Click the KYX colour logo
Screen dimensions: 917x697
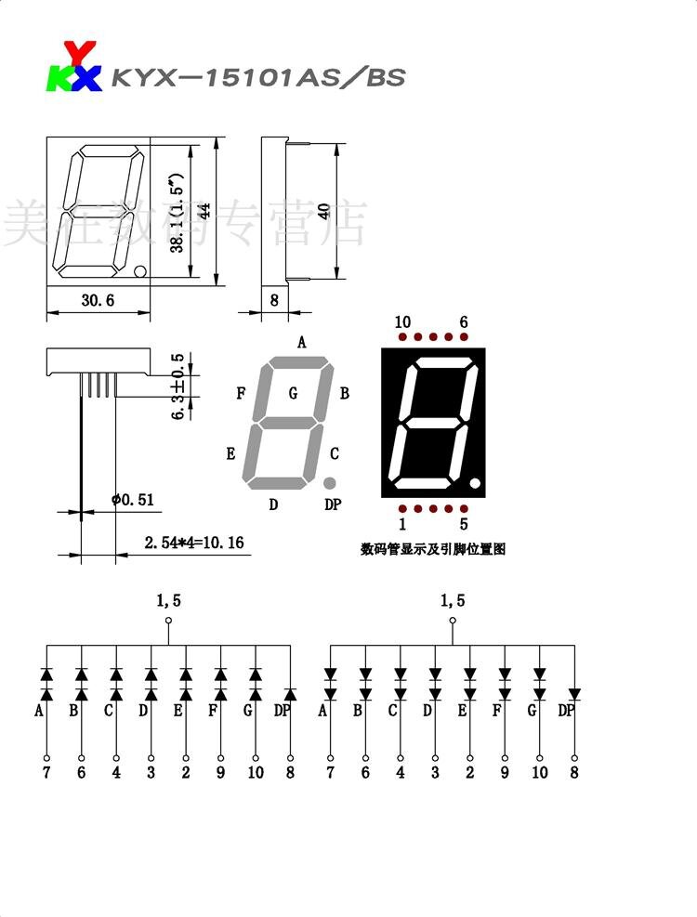pos(73,68)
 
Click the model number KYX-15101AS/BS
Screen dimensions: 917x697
pos(257,78)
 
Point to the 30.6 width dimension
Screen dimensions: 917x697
pos(98,300)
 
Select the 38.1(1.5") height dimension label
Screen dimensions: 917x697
pos(177,212)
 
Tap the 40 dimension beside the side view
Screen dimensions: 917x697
pos(322,211)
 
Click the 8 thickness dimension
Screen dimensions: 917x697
pos(274,300)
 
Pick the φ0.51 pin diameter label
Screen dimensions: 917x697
pos(133,500)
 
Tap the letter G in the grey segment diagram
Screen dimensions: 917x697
pos(293,393)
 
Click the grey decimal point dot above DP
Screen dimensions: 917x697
pos(330,484)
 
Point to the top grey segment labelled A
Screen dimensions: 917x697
pos(300,361)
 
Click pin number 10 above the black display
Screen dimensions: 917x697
pos(402,322)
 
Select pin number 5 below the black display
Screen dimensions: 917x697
pos(464,524)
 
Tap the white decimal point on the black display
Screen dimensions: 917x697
pos(475,484)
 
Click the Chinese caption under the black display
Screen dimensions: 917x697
pos(433,549)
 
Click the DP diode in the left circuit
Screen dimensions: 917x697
pos(290,694)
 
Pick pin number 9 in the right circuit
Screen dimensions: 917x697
pos(505,772)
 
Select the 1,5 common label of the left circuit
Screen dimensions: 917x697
pos(168,601)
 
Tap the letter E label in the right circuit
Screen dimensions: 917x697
pos(462,712)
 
